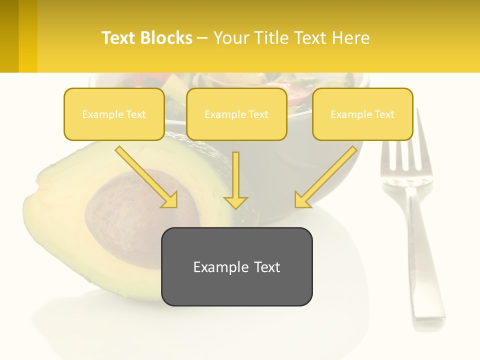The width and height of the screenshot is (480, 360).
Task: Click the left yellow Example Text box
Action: point(114,114)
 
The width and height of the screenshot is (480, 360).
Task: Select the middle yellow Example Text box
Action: point(236,114)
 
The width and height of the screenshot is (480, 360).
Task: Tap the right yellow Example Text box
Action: point(362,114)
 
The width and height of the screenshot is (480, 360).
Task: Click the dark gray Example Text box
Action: point(236,266)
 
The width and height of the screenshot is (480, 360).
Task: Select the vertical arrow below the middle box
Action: point(235,180)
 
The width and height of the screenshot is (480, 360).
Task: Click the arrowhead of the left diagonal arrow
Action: point(170,200)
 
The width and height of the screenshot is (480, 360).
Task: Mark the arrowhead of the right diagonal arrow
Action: point(302,200)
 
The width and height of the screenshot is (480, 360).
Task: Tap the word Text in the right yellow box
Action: point(384,114)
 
